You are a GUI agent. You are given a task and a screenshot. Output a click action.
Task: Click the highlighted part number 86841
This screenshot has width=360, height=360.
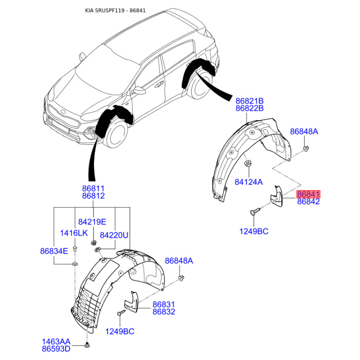(308, 194)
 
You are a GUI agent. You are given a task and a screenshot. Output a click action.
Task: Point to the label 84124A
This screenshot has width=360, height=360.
(248, 182)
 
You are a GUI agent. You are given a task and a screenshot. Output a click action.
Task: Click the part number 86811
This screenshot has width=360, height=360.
(93, 188)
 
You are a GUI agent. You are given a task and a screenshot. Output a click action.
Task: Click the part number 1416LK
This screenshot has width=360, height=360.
(74, 233)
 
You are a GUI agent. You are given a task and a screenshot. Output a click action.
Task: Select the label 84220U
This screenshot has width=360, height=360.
(114, 235)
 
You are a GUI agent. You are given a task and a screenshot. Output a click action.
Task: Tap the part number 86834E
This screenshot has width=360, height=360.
(53, 251)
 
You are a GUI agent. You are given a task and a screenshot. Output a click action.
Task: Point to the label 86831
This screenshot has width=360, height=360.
(163, 305)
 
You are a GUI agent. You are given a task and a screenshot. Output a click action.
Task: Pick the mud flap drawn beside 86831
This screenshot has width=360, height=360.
(131, 301)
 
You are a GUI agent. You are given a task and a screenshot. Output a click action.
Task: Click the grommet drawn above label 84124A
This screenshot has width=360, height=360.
(247, 163)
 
